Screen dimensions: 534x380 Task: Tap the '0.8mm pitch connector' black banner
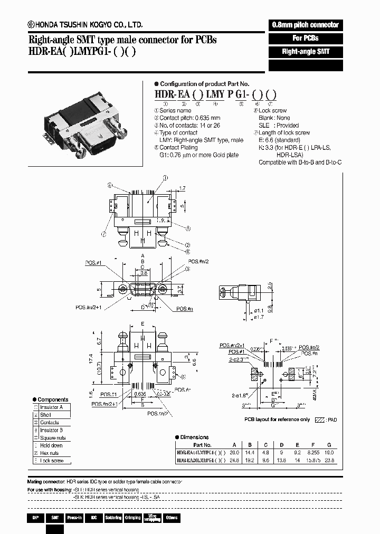click(306, 25)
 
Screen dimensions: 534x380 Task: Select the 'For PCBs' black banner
click(306, 39)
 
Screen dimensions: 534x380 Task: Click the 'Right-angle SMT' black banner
click(306, 52)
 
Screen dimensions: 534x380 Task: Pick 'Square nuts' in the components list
click(53, 438)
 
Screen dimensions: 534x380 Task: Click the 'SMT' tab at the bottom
click(54, 518)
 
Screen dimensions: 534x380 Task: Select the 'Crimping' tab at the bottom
click(132, 518)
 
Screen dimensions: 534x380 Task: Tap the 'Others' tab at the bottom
click(172, 518)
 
